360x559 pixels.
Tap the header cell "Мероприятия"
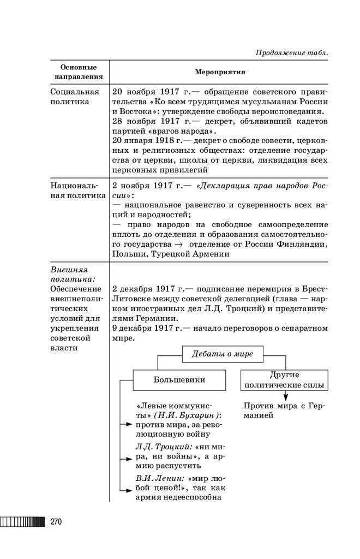pos(220,72)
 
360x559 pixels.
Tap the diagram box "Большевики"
pos(179,379)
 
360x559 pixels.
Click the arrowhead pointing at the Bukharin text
pos(128,423)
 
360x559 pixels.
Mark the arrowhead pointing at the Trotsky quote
pos(128,456)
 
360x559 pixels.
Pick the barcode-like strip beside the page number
pos(23,521)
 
